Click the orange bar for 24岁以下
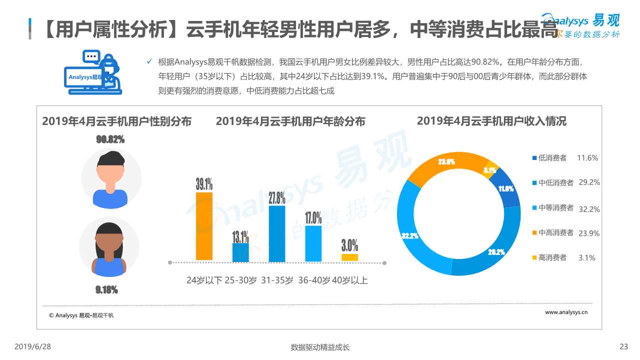204,226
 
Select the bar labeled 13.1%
240,252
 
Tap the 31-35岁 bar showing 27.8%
277,233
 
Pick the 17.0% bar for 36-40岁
313,243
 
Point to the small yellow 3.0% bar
349,257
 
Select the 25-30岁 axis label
240,280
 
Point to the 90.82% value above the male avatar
110,139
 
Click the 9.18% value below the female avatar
106,289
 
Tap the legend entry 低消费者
552,158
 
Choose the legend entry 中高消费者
555,233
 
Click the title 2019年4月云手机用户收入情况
491,121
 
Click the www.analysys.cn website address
566,312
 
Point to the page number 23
623,346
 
